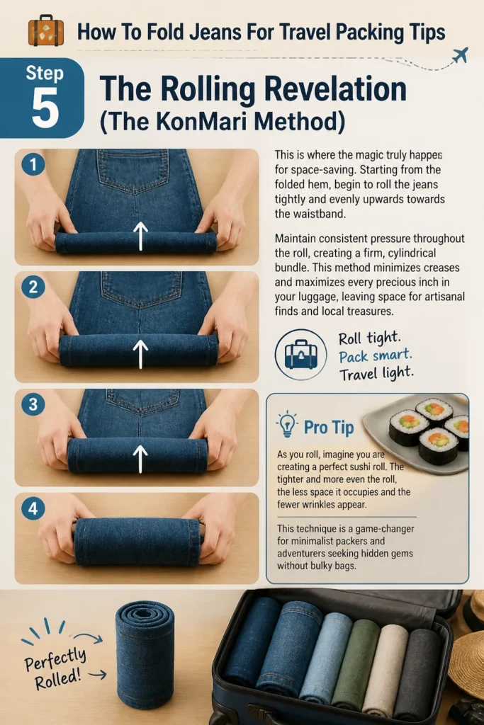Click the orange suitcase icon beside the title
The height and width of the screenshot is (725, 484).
(x=46, y=30)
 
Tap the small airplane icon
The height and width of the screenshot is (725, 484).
(x=460, y=55)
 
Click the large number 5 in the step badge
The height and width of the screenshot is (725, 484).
(x=45, y=108)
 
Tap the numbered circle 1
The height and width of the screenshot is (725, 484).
(x=33, y=164)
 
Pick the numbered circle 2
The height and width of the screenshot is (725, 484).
(x=33, y=287)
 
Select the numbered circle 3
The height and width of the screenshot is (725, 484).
(x=33, y=404)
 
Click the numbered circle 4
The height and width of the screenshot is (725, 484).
(x=33, y=508)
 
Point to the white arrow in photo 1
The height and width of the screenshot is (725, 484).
(x=141, y=236)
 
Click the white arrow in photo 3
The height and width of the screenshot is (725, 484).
(x=141, y=459)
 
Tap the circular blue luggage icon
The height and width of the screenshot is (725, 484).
(x=300, y=355)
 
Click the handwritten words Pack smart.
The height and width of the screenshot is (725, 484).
(x=376, y=355)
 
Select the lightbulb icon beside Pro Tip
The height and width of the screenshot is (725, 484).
(x=287, y=424)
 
